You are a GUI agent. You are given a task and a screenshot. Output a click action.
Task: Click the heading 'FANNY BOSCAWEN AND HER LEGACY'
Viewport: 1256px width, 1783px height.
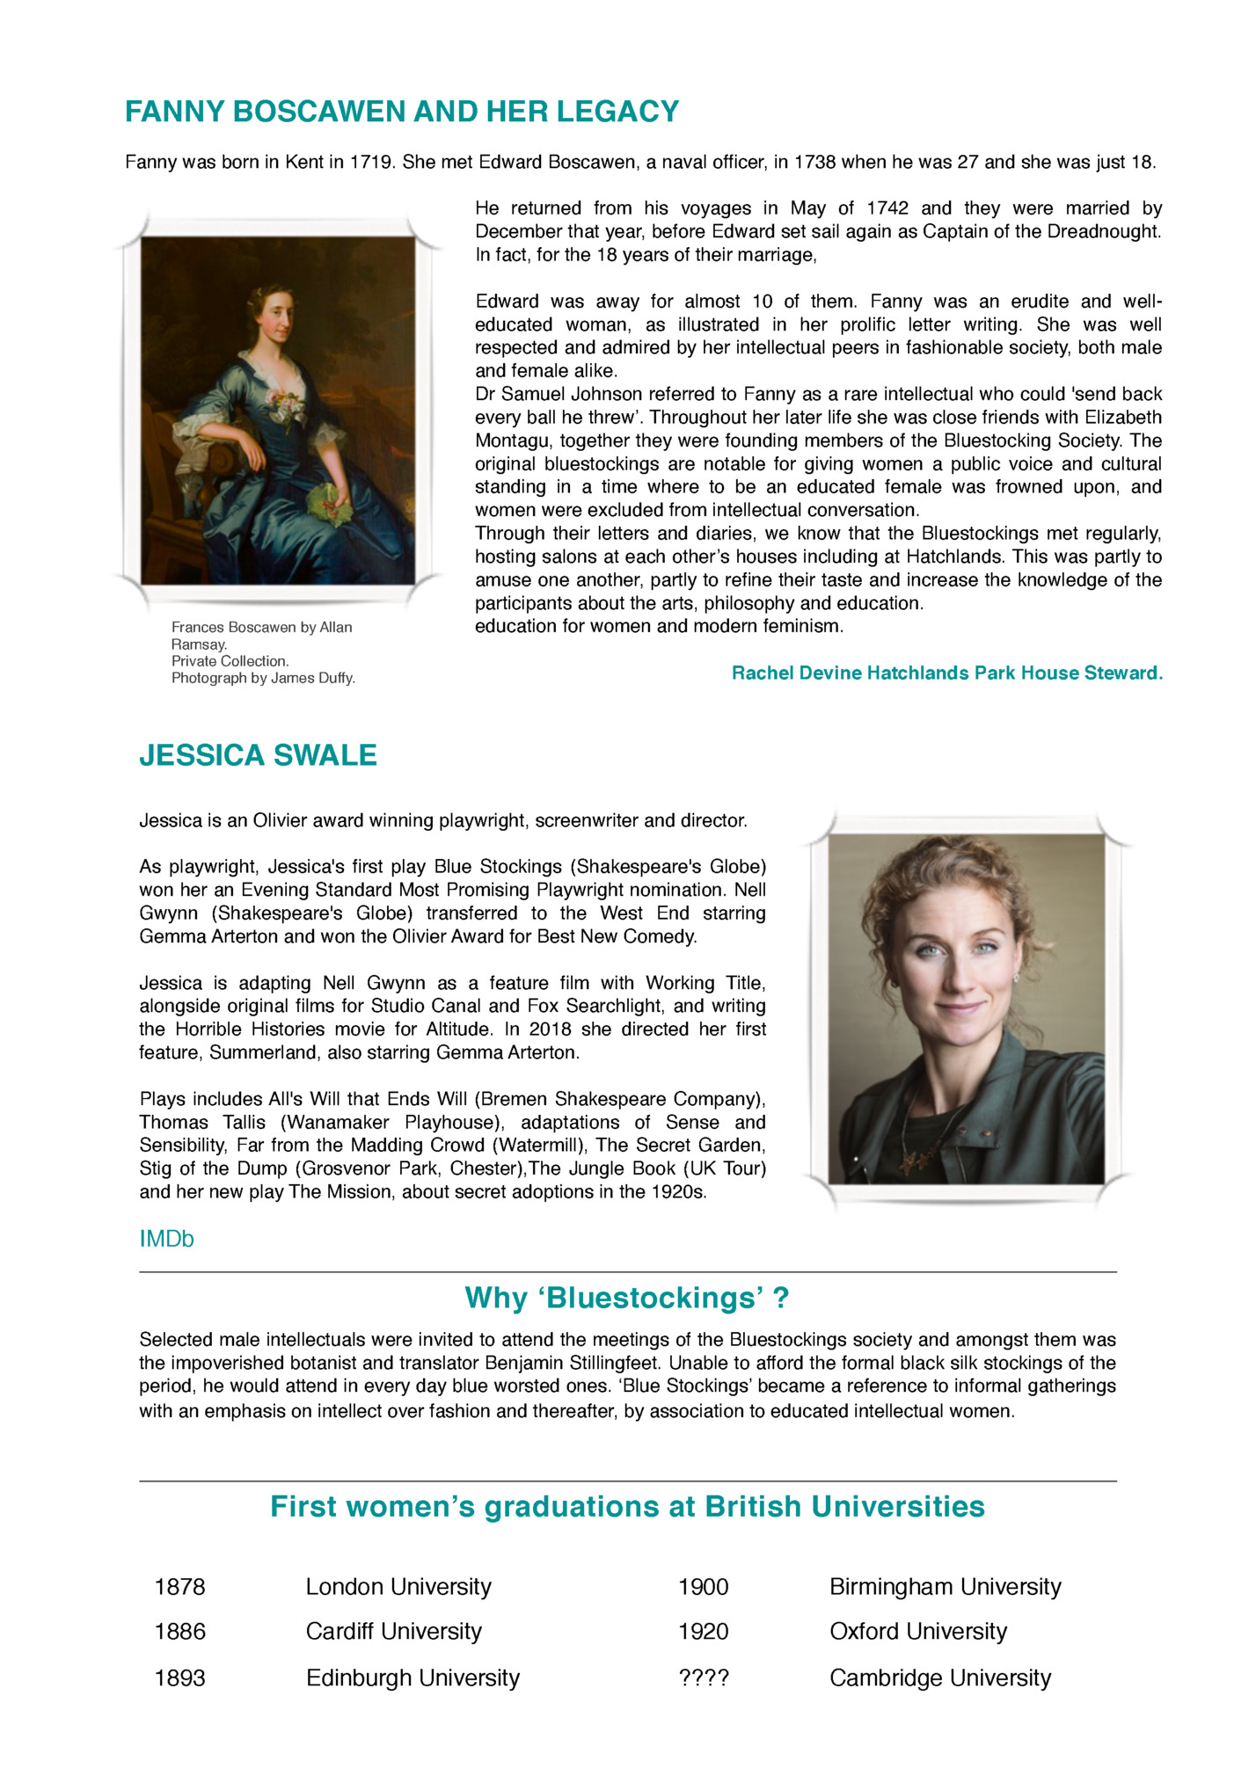click(402, 113)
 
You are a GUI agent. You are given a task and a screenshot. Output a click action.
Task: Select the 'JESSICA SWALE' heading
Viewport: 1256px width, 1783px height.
click(258, 756)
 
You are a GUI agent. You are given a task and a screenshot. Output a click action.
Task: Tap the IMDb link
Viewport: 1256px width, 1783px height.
click(166, 1239)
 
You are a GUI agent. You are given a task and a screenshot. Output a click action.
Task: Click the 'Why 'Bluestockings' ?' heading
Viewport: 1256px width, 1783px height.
click(626, 1298)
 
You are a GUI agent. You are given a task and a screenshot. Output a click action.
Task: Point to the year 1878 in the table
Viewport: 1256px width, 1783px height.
click(179, 1587)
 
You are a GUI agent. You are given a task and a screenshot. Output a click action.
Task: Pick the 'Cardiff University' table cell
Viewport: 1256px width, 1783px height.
click(393, 1632)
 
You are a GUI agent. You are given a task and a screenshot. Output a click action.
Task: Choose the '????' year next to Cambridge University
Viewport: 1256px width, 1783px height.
click(703, 1678)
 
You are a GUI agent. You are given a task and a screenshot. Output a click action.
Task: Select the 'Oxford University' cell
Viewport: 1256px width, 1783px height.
click(917, 1632)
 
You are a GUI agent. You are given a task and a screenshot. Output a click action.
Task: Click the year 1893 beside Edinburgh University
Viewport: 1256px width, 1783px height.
click(179, 1678)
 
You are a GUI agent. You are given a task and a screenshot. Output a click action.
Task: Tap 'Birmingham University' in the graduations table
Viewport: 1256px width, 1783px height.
click(945, 1587)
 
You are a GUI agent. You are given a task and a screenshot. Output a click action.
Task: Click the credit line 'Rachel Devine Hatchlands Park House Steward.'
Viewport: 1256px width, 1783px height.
click(946, 673)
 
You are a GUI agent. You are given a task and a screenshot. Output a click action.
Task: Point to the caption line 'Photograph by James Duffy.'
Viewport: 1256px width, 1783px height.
click(263, 678)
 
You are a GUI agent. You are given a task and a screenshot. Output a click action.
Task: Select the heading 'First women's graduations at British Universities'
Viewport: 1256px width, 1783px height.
click(626, 1507)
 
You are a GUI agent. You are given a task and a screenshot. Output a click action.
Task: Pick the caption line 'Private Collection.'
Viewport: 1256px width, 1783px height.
click(230, 661)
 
